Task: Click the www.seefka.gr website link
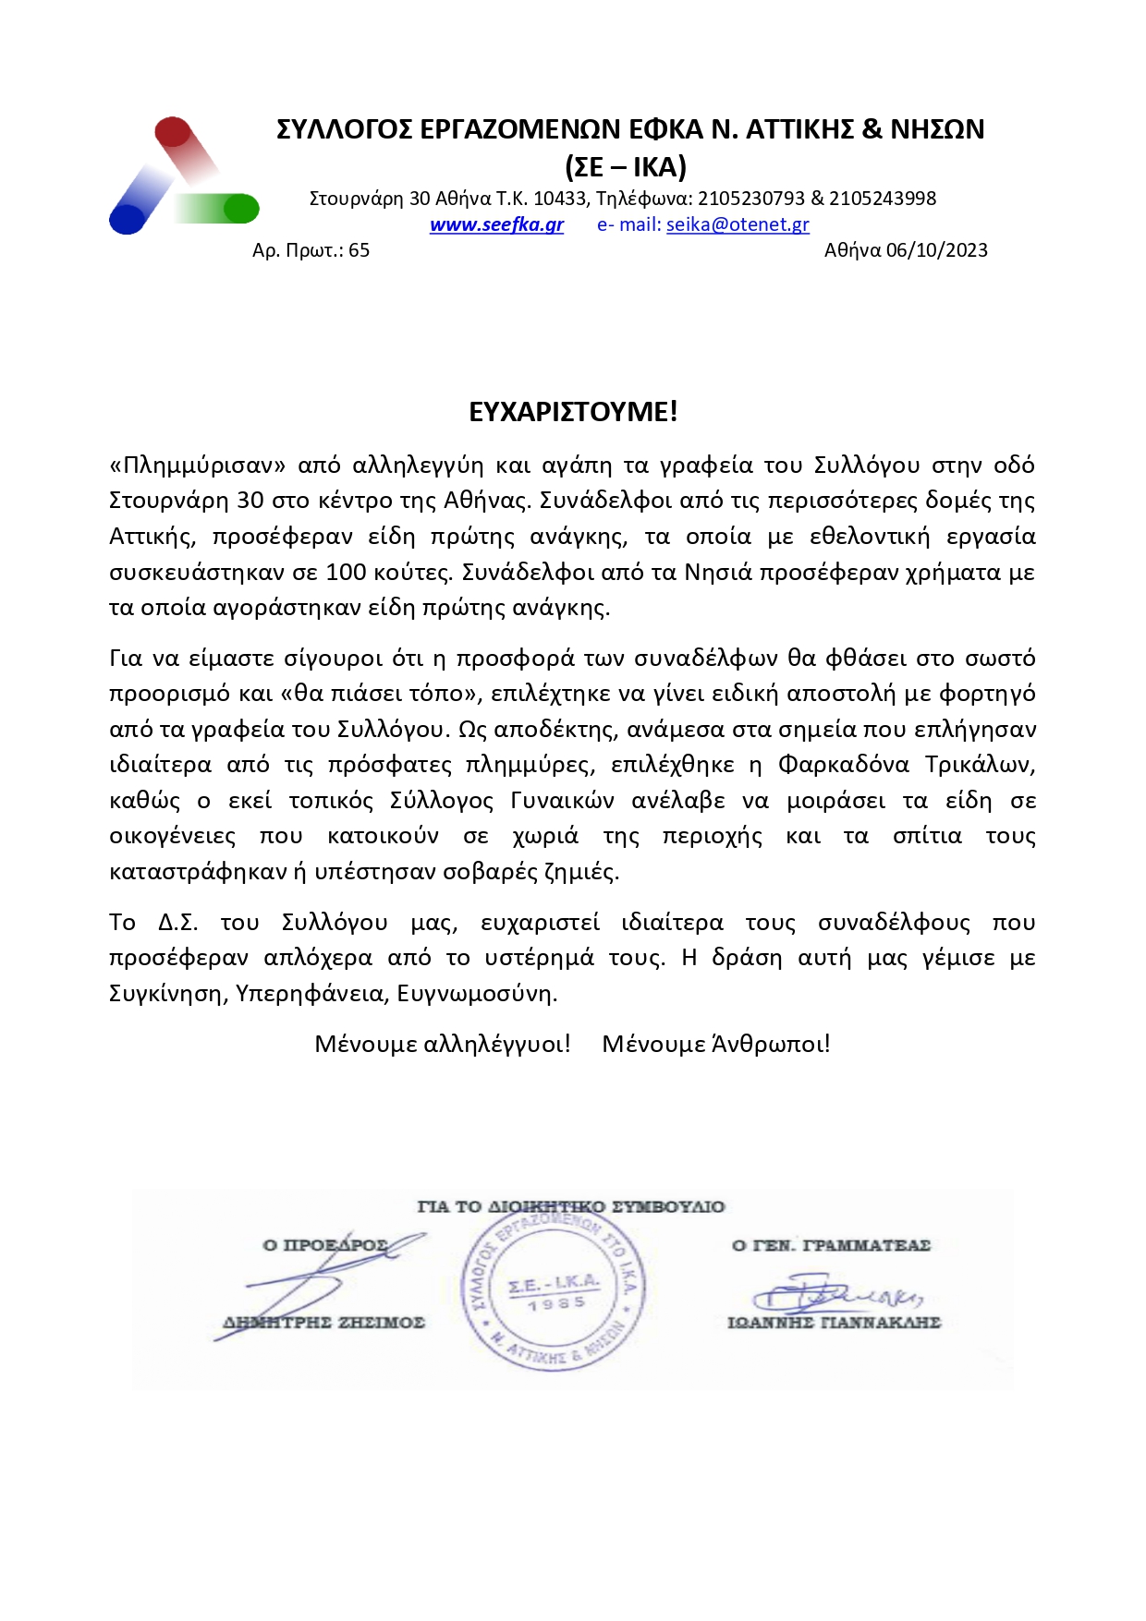point(496,224)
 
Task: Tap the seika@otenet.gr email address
point(738,224)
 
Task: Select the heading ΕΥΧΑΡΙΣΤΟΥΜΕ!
point(573,412)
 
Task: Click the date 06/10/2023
point(936,250)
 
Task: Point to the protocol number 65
point(360,250)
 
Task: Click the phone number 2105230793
point(750,199)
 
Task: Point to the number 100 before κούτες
point(346,573)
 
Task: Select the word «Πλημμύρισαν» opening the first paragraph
point(198,465)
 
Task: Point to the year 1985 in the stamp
point(556,1303)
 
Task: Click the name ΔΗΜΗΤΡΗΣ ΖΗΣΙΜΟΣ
point(324,1323)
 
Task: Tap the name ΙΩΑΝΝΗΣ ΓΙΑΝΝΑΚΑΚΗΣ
point(834,1323)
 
